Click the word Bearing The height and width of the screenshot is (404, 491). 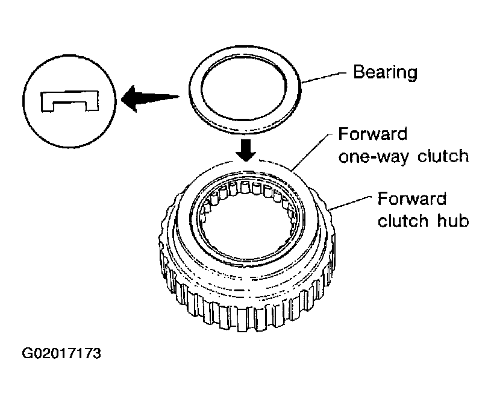coord(385,72)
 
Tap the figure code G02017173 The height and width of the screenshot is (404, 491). coord(61,353)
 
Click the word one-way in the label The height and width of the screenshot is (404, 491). coord(374,156)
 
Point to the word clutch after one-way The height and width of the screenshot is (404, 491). coord(443,156)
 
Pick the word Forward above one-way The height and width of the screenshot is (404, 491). coord(373,134)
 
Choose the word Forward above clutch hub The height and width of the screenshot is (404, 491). coord(412,198)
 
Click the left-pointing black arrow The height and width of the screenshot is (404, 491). coord(150,98)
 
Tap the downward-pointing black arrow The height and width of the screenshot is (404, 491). coord(246,150)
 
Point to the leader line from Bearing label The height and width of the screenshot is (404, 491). coord(324,77)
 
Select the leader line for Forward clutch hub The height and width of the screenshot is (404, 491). coord(350,203)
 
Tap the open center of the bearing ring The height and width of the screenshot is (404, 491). coord(243,89)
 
